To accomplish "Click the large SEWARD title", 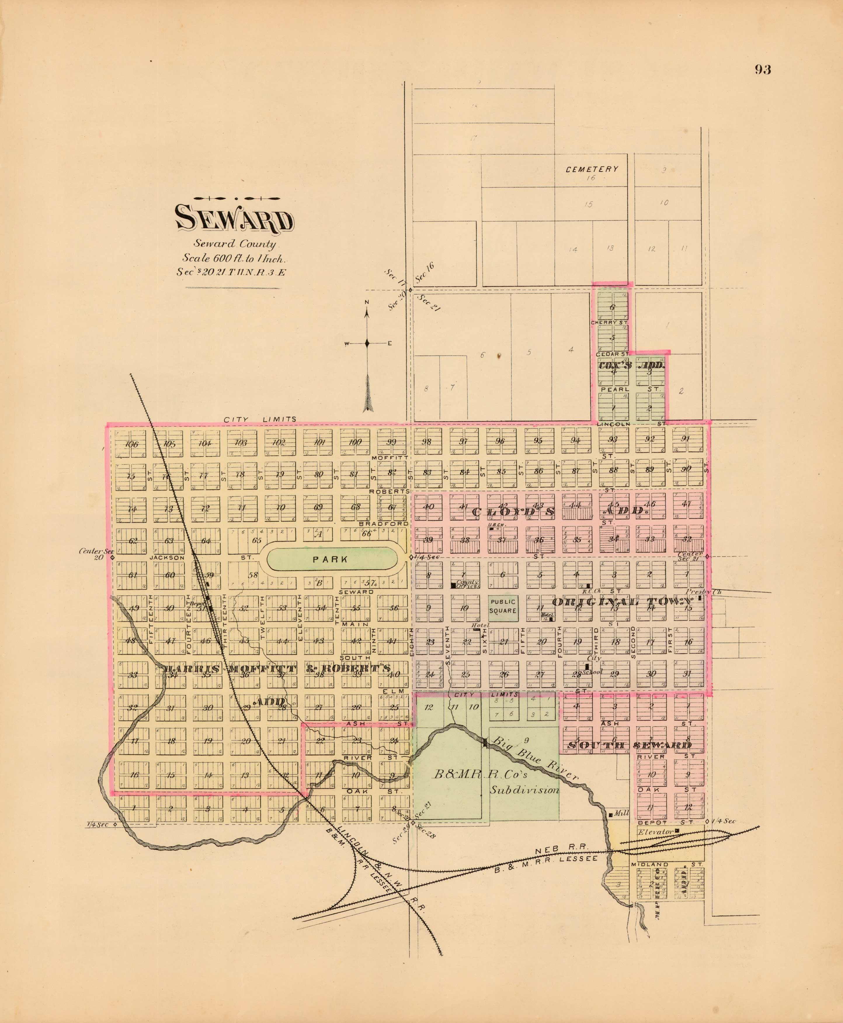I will click(x=234, y=219).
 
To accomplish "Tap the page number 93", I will click(x=762, y=70).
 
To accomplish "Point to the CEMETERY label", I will click(x=592, y=169).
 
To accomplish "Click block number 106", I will click(x=131, y=444).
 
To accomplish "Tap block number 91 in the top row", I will click(x=685, y=439).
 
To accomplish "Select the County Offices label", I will click(x=467, y=584).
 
